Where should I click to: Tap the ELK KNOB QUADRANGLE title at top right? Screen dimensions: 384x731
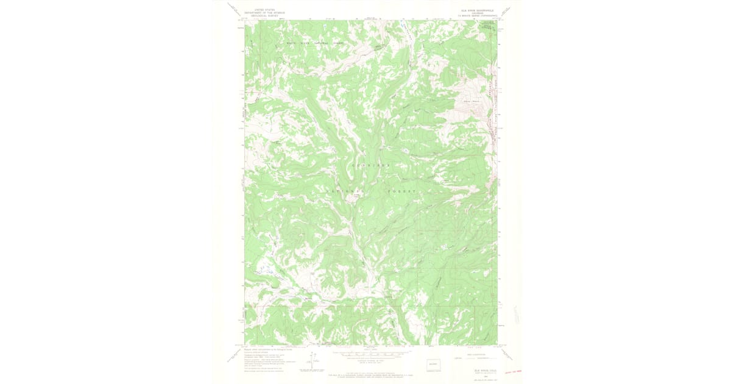479,10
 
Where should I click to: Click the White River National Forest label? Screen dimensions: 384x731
316,43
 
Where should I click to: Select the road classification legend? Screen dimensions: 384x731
471,358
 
